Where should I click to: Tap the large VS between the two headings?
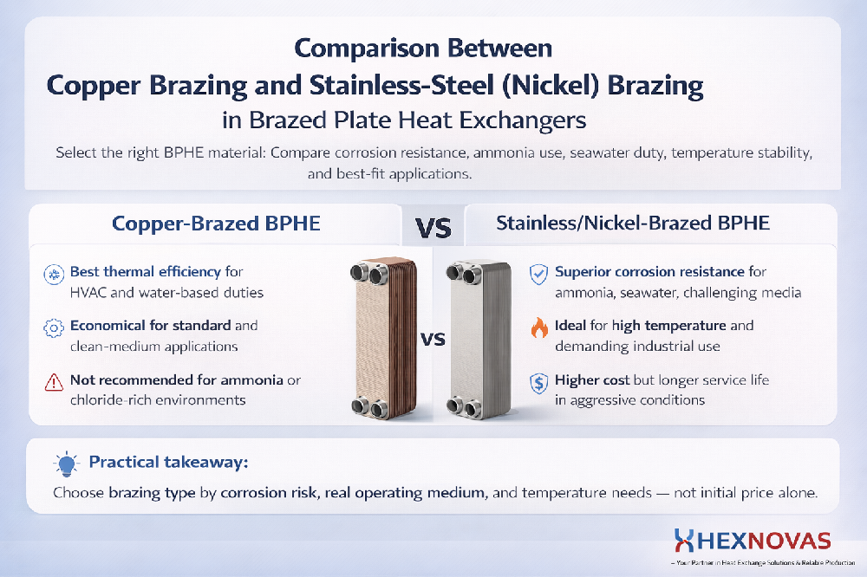pyautogui.click(x=433, y=227)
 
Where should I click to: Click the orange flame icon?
pyautogui.click(x=538, y=328)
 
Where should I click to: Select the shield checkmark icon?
pyautogui.click(x=538, y=275)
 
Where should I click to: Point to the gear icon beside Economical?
pyautogui.click(x=54, y=328)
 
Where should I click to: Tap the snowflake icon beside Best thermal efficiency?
pyautogui.click(x=54, y=275)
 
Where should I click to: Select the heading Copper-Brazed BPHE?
pyautogui.click(x=216, y=224)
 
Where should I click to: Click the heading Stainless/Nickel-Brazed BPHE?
pyautogui.click(x=633, y=224)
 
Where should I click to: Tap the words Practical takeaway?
pyautogui.click(x=168, y=464)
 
